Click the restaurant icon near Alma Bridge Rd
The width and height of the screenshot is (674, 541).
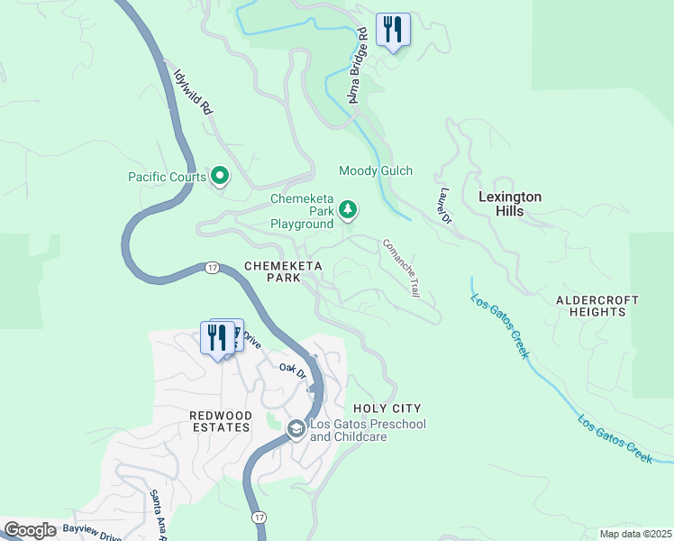[392, 30]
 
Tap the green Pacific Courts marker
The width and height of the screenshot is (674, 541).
[219, 176]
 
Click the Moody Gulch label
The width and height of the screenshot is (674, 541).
[376, 170]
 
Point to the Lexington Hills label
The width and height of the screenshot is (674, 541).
[509, 204]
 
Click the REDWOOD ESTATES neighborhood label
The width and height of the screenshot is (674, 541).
[219, 421]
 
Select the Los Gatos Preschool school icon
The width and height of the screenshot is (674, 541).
[296, 430]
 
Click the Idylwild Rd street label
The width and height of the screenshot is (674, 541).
[193, 90]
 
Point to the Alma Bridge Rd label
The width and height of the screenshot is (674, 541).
[357, 63]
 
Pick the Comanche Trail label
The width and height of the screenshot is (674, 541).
[402, 268]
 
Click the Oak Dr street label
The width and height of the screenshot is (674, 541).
[293, 369]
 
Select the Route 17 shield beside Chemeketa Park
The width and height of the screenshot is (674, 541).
[212, 268]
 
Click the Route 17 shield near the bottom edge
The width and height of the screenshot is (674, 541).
[259, 517]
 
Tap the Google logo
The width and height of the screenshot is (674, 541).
[30, 530]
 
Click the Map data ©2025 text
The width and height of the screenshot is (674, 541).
[635, 534]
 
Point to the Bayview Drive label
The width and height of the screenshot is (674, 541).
[92, 534]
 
